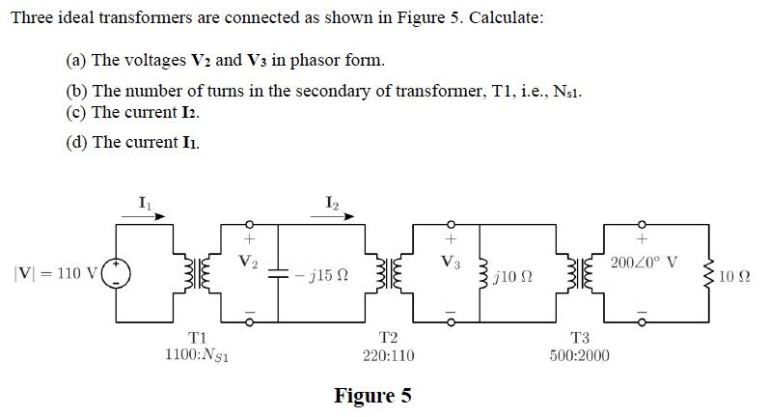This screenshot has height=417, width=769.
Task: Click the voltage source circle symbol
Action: [x=118, y=273]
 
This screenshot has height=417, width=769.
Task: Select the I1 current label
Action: [x=145, y=202]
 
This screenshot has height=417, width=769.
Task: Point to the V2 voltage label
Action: [x=249, y=261]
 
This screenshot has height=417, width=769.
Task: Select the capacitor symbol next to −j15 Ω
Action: [x=278, y=274]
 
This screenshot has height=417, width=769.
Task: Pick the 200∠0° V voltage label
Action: [x=644, y=263]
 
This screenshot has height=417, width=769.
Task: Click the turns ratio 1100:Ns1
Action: [x=197, y=355]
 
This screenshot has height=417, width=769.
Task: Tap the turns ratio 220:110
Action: [x=388, y=355]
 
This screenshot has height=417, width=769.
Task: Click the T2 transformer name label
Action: [x=388, y=338]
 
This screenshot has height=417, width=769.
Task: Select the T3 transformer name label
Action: [x=580, y=338]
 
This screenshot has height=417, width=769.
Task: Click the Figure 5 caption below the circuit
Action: [x=372, y=396]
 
